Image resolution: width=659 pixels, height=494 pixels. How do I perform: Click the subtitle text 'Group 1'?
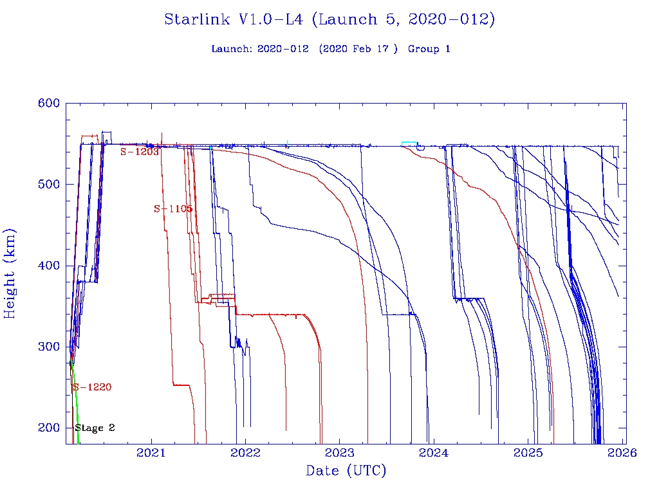click(429, 49)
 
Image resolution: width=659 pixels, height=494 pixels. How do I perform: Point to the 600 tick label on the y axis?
click(49, 103)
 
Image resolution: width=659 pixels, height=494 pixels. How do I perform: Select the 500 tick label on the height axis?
click(49, 184)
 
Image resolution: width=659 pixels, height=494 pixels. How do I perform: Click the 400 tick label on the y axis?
click(49, 265)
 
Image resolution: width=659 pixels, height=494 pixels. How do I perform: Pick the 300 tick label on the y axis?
click(49, 347)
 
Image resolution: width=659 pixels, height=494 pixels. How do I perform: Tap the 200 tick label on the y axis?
click(49, 428)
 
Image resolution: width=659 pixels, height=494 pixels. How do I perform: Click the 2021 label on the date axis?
click(152, 453)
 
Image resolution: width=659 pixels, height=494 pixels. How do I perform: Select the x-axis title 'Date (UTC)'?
click(346, 471)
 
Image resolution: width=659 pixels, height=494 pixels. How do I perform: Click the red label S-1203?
click(139, 152)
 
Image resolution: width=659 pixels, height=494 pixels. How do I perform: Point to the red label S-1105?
click(172, 208)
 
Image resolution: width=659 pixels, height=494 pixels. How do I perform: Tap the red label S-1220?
click(92, 387)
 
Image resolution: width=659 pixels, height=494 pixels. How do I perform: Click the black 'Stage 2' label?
click(95, 428)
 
